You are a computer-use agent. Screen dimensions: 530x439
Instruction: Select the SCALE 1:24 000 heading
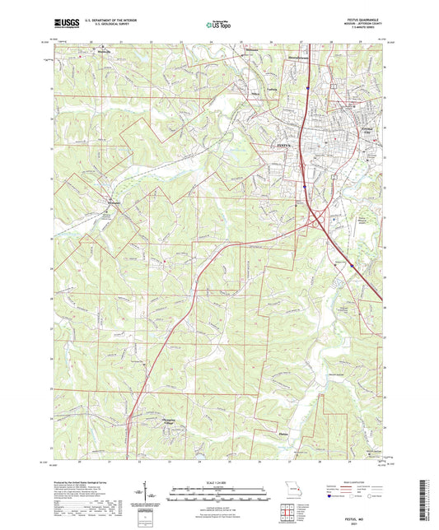(218, 481)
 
